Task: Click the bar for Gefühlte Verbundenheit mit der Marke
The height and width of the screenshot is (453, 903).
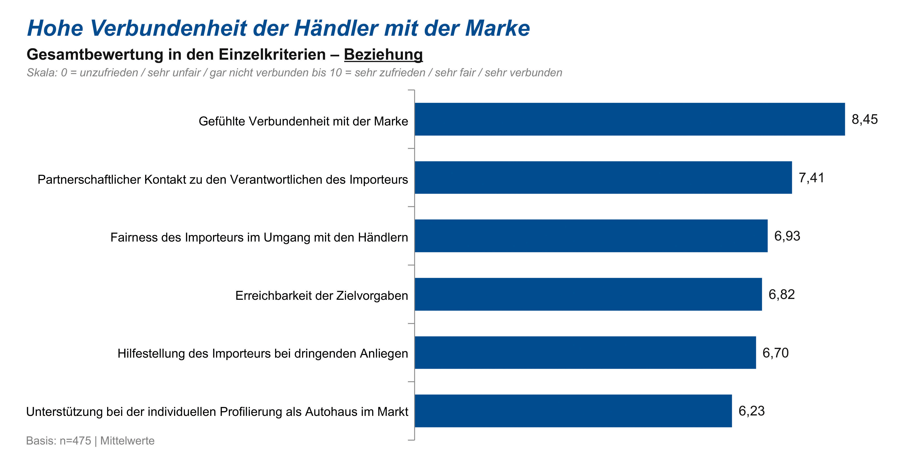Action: click(629, 119)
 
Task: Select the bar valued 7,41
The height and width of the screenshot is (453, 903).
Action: click(603, 177)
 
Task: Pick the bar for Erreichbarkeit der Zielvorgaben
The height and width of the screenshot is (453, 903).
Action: click(588, 294)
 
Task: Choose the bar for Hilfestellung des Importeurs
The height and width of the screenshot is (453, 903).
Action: click(585, 352)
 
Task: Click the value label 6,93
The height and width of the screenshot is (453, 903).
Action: click(787, 236)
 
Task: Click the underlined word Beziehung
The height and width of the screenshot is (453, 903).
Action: click(383, 55)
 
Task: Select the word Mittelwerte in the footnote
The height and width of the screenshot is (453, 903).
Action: click(127, 441)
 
